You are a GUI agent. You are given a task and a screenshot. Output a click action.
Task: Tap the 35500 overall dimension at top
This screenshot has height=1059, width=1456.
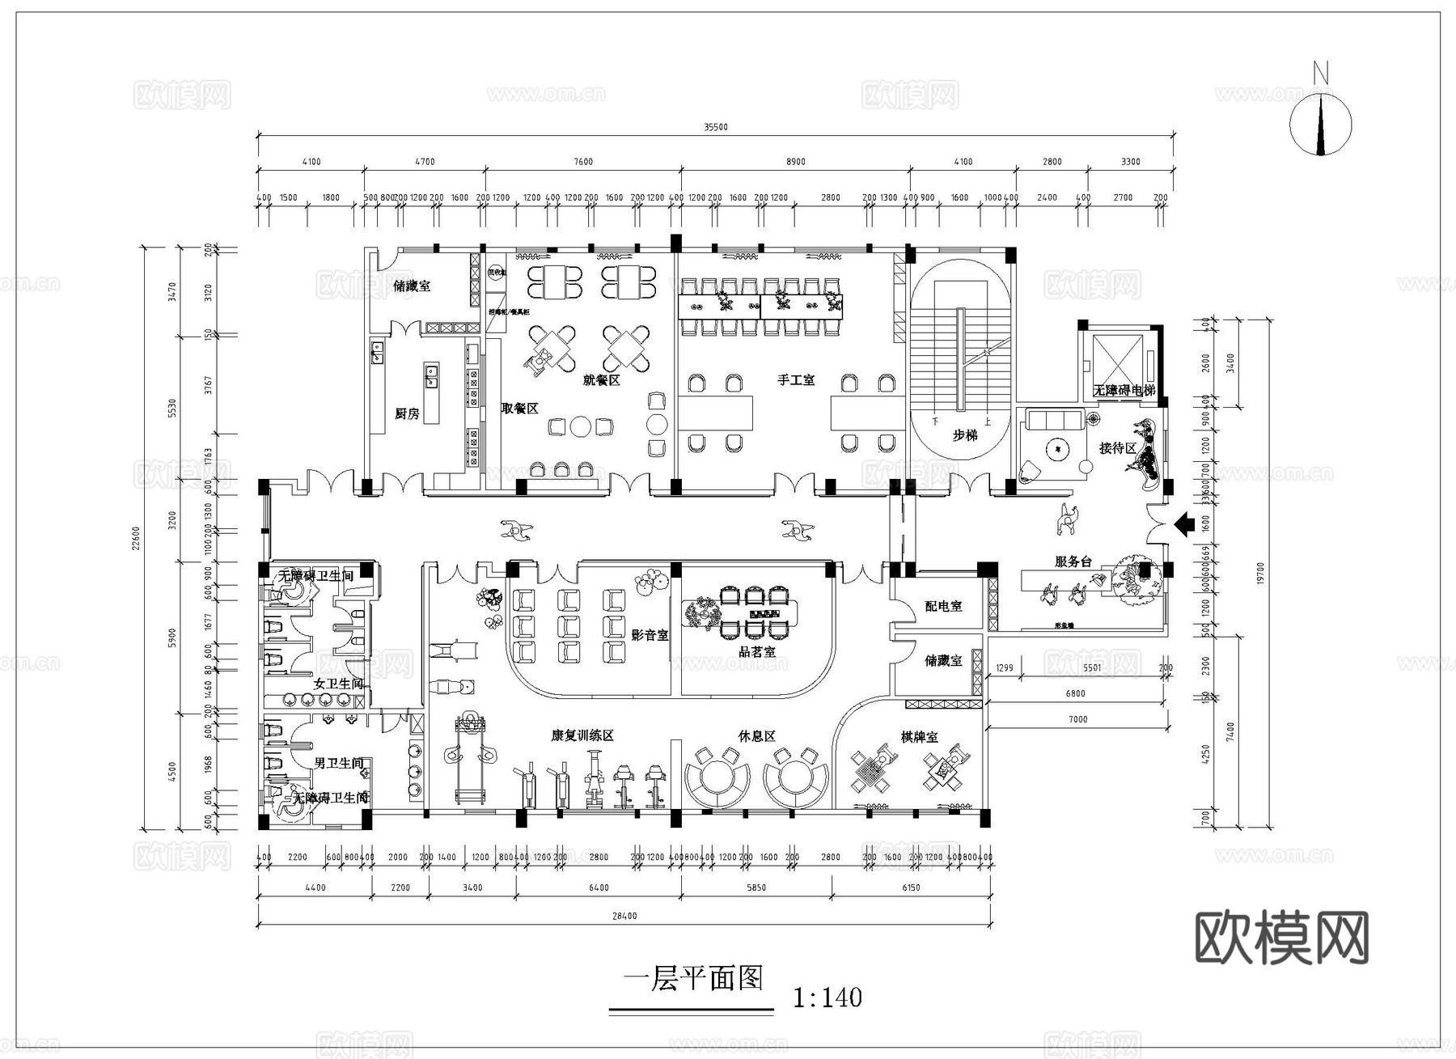point(715,127)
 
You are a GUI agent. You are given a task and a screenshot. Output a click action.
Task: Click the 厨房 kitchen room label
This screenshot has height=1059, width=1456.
point(407,414)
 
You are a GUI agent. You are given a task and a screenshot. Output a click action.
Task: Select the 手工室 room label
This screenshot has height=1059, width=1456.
point(796,379)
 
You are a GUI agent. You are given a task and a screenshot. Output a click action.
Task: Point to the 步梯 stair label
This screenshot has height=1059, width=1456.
point(964,435)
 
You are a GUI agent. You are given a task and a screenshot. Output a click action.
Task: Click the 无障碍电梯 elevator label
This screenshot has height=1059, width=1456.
point(1124,390)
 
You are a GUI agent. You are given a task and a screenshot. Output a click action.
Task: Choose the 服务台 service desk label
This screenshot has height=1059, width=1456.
point(1073,561)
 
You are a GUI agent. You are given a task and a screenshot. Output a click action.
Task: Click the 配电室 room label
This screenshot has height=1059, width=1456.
point(943,606)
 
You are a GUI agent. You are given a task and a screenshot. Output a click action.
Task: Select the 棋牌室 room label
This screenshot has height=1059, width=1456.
point(919,737)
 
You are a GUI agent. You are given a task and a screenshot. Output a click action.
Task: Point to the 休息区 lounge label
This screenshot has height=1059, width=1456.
point(756,736)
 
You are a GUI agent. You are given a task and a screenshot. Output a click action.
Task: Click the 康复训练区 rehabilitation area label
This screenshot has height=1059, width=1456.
point(582,735)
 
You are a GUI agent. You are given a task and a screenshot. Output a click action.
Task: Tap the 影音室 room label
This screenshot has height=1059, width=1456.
point(650,635)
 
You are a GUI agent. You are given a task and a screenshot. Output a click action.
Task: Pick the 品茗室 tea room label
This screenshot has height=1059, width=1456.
point(757,651)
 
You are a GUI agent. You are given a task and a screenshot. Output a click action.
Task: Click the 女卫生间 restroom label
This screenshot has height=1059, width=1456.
point(338,684)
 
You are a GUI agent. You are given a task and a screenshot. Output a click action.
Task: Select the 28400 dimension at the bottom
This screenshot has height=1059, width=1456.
point(624,916)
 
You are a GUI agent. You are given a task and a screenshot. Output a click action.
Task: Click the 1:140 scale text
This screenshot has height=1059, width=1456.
point(827,998)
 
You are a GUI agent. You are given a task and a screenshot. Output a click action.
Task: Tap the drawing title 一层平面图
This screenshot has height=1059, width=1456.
point(693,979)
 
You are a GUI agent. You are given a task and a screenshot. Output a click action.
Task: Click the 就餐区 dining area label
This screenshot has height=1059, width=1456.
point(601,379)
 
